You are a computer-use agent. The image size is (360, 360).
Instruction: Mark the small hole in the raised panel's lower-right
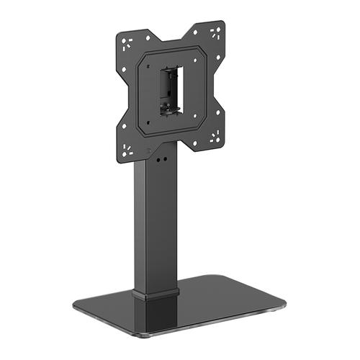pyautogui.click(x=204, y=119)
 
